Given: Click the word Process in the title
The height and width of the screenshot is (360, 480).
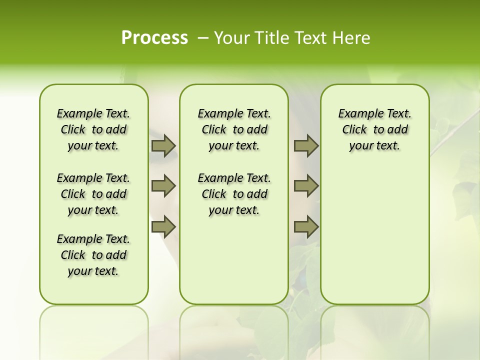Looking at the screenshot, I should (x=154, y=38).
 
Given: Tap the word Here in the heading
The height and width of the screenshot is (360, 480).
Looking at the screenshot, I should (x=352, y=38).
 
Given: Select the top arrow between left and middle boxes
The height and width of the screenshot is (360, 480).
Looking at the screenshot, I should (x=163, y=145).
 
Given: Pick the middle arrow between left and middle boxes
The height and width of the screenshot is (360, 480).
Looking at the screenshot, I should (x=163, y=186).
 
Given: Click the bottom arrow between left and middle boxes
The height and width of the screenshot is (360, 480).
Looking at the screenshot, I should (x=163, y=227).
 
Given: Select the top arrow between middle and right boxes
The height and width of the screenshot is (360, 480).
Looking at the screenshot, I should (x=306, y=145).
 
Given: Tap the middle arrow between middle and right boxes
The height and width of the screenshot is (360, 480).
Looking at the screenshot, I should (x=306, y=186).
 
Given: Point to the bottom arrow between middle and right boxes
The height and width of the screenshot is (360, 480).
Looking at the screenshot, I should (x=306, y=227).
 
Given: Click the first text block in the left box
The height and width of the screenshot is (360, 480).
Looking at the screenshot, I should (x=93, y=129).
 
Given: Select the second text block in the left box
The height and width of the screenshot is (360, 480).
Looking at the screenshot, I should (x=93, y=194).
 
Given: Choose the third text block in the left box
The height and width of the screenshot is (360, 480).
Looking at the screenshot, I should (x=93, y=255).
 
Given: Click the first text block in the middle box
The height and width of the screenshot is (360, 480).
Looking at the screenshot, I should (x=234, y=129).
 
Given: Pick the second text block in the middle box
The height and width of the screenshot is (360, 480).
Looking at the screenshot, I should (x=234, y=194).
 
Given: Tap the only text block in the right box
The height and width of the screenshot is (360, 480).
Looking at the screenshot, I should (x=374, y=129).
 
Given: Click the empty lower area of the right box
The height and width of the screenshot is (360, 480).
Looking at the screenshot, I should (x=374, y=235).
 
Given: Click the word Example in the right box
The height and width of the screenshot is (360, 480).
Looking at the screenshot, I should (x=356, y=113).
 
